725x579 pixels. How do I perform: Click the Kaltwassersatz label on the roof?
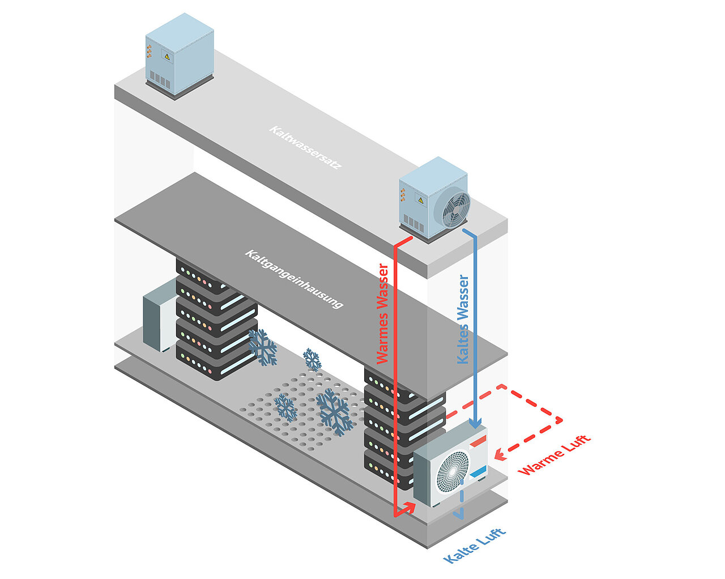click(305, 148)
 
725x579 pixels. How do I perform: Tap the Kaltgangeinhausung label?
click(293, 279)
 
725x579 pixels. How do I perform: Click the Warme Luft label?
click(554, 454)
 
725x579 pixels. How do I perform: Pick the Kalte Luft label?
click(475, 546)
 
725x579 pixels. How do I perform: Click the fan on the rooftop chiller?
click(452, 208)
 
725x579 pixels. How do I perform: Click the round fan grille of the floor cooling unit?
click(452, 471)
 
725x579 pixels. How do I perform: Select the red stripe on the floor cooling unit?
click(478, 440)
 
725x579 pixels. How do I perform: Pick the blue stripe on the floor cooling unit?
click(478, 471)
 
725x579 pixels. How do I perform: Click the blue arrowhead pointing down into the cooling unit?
click(476, 423)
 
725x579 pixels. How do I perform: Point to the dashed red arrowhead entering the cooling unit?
click(499, 454)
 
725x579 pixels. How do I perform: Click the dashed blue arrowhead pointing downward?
click(460, 514)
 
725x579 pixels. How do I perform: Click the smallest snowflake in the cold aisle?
click(312, 360)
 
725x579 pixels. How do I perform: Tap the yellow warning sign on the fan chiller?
click(420, 199)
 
